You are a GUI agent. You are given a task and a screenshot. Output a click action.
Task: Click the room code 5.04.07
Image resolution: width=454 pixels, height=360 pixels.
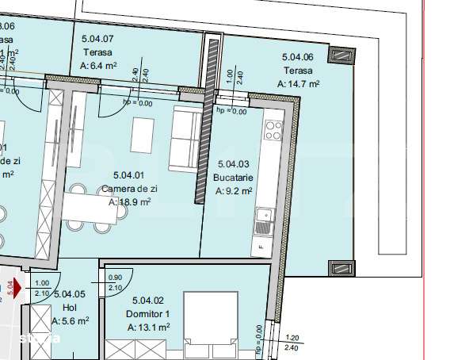click(x=97, y=37)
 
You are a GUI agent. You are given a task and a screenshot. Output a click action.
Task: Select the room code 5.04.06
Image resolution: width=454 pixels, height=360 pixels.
click(x=298, y=56)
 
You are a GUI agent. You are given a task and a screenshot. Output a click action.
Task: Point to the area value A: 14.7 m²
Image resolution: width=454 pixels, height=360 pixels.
click(x=299, y=83)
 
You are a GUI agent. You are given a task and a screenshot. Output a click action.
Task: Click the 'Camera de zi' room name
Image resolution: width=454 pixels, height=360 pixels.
click(x=129, y=189)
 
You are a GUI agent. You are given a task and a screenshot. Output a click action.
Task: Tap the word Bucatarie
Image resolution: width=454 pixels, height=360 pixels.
click(x=235, y=178)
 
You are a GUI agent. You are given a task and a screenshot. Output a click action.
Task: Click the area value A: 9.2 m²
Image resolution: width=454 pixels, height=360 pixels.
click(x=235, y=191)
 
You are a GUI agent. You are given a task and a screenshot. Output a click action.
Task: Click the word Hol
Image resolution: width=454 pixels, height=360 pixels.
click(x=70, y=308)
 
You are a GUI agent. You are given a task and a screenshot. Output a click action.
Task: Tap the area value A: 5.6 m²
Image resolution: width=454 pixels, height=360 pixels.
click(x=70, y=321)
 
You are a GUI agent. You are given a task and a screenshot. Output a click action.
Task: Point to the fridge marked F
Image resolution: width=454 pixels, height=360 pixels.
click(x=261, y=248)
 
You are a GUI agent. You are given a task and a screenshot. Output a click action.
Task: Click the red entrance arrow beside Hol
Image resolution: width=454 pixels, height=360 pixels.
click(x=17, y=286)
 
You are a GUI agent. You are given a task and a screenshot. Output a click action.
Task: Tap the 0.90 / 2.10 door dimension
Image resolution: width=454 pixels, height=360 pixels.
click(x=114, y=281)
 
